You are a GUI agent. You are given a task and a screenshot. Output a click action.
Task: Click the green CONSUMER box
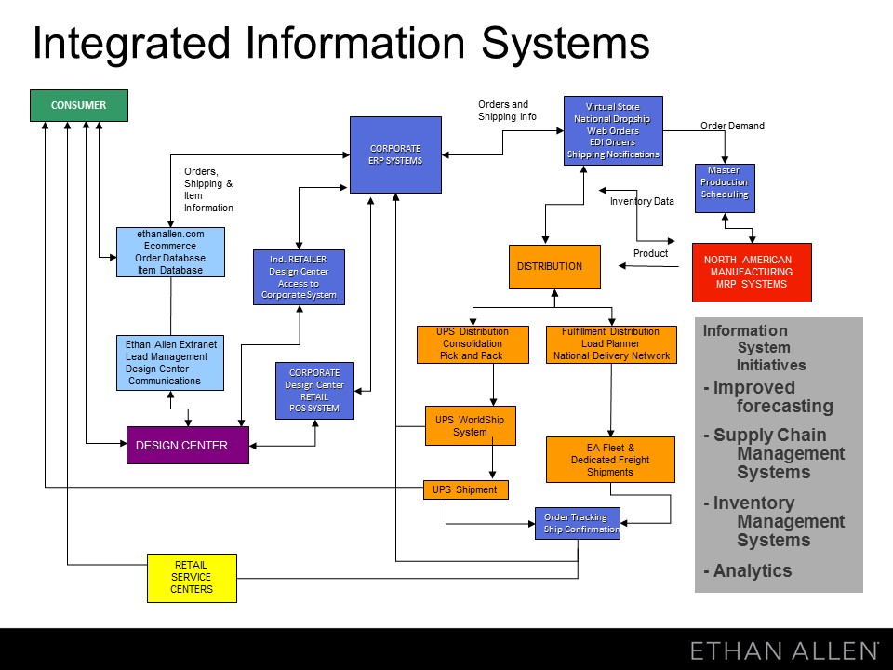78,106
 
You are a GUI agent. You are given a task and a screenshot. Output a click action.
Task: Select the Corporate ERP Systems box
395,154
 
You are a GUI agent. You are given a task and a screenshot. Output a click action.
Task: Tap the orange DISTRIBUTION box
554,267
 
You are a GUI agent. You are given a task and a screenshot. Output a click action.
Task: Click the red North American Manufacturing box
752,272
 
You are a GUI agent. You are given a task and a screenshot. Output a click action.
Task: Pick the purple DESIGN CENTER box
187,446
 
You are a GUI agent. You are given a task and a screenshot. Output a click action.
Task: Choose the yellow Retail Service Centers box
192,578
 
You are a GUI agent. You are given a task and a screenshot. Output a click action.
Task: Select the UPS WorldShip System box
470,426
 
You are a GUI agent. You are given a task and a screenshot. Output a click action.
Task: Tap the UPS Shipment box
465,489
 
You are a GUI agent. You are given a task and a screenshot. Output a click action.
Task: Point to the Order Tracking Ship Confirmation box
577,523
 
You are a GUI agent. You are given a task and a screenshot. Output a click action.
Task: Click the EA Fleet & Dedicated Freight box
610,460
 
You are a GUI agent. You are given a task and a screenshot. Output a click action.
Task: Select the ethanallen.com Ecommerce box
170,251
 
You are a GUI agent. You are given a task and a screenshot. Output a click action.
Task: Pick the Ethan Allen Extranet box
170,362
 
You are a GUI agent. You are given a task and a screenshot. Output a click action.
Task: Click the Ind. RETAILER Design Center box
299,277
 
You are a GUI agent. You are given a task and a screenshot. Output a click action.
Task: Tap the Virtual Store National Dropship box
613,130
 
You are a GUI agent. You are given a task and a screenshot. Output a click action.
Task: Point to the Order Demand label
732,127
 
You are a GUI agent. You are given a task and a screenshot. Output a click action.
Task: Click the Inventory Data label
642,201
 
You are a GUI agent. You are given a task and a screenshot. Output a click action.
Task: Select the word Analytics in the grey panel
753,571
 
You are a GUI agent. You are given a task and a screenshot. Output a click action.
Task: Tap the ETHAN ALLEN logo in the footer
784,650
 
